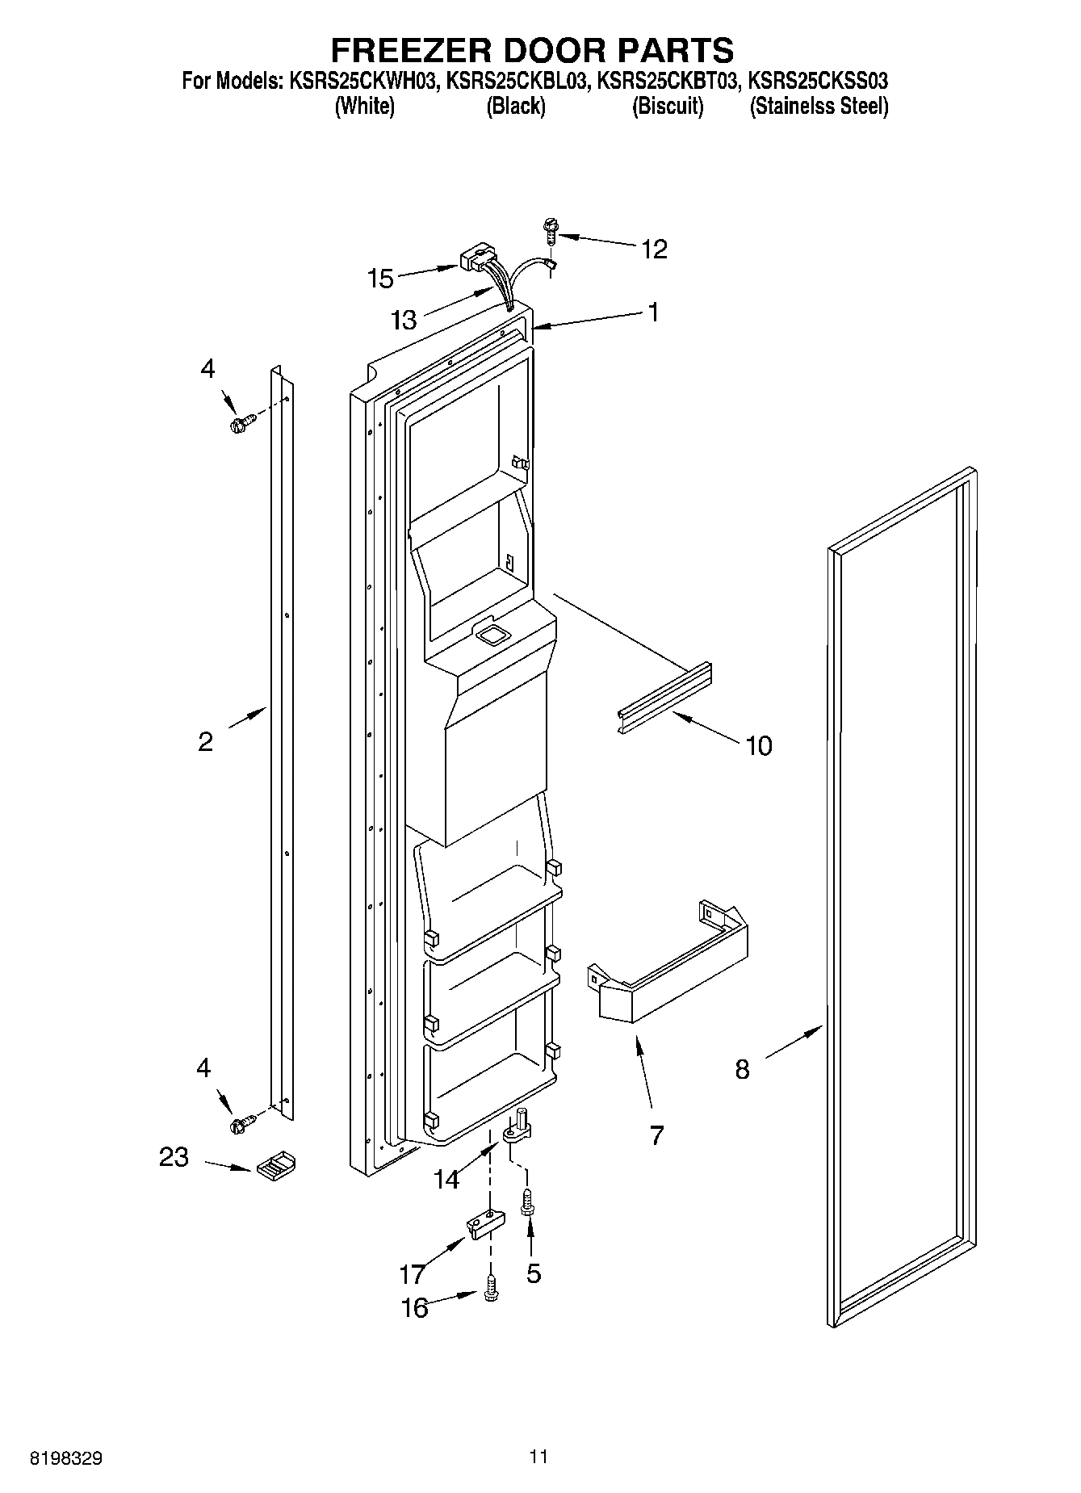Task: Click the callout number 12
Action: tap(654, 250)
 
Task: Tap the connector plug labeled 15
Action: tap(474, 261)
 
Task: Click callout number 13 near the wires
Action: tap(404, 321)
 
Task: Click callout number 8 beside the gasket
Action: tap(742, 1070)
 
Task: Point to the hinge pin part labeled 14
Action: tap(517, 1126)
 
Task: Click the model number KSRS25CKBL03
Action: tap(516, 81)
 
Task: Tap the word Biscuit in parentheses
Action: tap(668, 106)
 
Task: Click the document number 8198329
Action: tap(66, 1458)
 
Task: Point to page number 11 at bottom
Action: tap(538, 1456)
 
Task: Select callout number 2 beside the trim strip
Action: tap(206, 741)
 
